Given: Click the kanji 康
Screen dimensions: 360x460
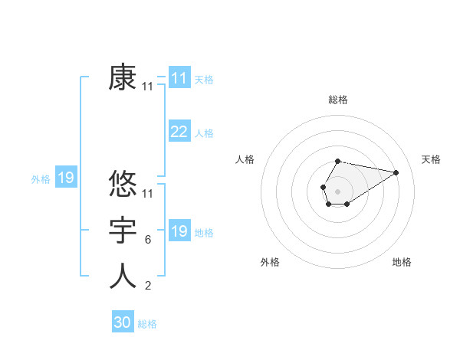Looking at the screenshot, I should point(123,77).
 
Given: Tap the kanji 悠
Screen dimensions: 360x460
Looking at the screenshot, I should point(123,185).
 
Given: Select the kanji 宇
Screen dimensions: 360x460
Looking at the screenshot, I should point(123,231).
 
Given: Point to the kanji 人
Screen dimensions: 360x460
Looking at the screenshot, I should point(123,277).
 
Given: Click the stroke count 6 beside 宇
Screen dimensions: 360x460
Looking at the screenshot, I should point(147,241).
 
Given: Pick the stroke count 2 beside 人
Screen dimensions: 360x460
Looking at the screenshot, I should point(147,286).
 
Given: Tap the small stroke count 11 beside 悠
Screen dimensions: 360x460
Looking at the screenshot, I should point(148,195).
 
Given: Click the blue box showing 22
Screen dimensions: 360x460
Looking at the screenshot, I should point(179,132).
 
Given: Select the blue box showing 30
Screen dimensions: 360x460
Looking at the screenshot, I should point(123,322).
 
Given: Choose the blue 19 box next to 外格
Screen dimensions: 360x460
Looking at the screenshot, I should point(66,178).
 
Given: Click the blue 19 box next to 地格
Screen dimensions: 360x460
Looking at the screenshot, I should point(179,231).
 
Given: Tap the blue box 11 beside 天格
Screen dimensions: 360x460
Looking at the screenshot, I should point(179,78).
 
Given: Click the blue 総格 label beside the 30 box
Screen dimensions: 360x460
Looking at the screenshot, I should point(147,324).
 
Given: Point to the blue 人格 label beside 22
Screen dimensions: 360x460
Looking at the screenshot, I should point(204,133).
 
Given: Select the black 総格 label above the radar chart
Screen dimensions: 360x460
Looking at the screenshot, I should point(338,100).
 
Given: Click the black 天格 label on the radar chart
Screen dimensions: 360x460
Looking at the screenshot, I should point(432,159).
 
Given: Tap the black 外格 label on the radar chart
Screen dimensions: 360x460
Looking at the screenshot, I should point(270,262).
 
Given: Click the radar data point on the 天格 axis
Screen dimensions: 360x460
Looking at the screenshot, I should point(396,172).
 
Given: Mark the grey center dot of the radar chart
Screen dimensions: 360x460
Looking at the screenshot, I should point(338,190).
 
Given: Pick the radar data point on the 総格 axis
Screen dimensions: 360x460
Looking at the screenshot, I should point(338,161).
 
